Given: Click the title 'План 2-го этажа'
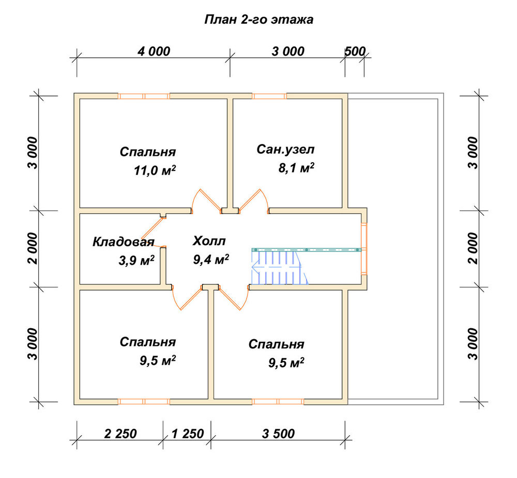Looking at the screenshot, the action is pyautogui.click(x=258, y=20).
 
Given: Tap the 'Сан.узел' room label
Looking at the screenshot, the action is pyautogui.click(x=285, y=150).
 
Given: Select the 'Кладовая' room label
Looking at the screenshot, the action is pyautogui.click(x=124, y=242).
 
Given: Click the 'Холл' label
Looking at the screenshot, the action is pyautogui.click(x=209, y=241).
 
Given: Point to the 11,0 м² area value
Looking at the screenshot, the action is pyautogui.click(x=155, y=170).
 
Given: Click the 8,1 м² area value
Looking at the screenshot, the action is pyautogui.click(x=296, y=168).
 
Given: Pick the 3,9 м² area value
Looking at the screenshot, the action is pyautogui.click(x=136, y=261).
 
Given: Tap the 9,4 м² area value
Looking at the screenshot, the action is pyautogui.click(x=211, y=260).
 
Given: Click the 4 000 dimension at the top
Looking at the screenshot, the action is pyautogui.click(x=154, y=51).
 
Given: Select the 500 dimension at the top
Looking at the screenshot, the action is pyautogui.click(x=355, y=51).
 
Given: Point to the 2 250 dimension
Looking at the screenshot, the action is pyautogui.click(x=120, y=434).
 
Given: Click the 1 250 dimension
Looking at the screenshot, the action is pyautogui.click(x=188, y=434).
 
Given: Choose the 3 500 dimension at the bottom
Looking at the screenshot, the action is pyautogui.click(x=278, y=434).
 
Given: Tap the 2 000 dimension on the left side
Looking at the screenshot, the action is pyautogui.click(x=33, y=248).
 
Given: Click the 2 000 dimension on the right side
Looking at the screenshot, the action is pyautogui.click(x=473, y=248).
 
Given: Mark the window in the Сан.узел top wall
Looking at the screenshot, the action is pyautogui.click(x=269, y=96).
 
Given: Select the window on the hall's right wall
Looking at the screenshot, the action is pyautogui.click(x=363, y=248).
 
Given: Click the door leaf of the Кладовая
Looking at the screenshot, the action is pyautogui.click(x=154, y=227).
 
